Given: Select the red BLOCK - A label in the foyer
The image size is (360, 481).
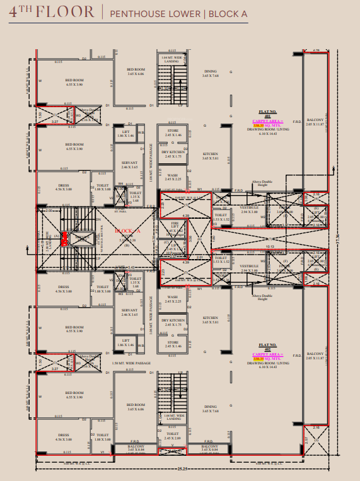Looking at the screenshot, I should pyautogui.click(x=128, y=231).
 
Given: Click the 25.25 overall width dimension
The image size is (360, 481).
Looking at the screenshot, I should pyautogui.click(x=183, y=468).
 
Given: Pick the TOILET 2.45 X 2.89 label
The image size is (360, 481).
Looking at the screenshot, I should pyautogui.click(x=172, y=436).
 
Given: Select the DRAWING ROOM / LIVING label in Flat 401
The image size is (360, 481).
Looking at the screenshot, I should pyautogui.click(x=268, y=130).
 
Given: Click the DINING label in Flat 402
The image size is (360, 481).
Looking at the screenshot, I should pyautogui.click(x=210, y=407).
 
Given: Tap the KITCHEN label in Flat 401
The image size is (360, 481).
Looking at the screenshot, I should pyautogui.click(x=210, y=155).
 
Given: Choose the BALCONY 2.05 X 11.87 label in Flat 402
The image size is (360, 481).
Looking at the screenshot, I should pyautogui.click(x=315, y=356).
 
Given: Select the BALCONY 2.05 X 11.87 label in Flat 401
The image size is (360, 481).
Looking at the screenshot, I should pyautogui.click(x=315, y=121).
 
